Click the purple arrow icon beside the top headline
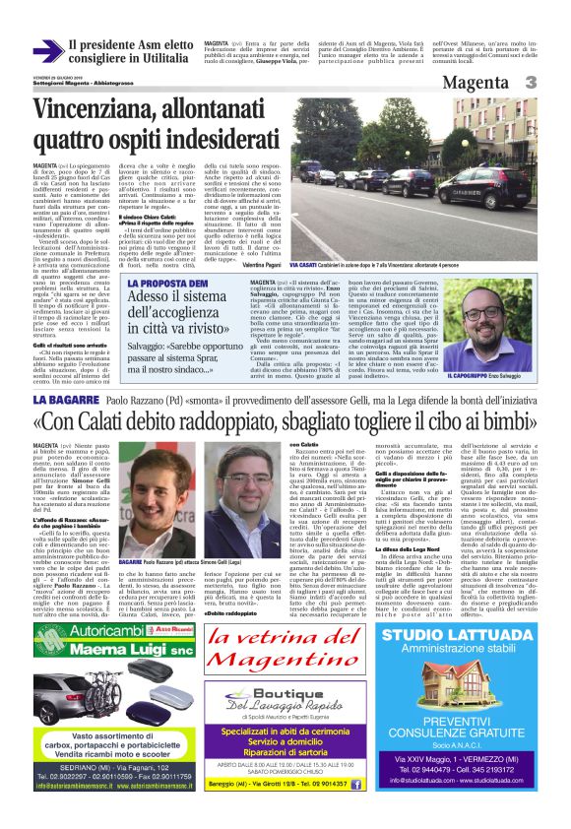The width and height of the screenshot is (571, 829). [47, 51]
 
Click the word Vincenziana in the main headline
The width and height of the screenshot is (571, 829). [107, 106]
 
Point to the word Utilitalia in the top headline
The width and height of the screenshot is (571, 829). [152, 60]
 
